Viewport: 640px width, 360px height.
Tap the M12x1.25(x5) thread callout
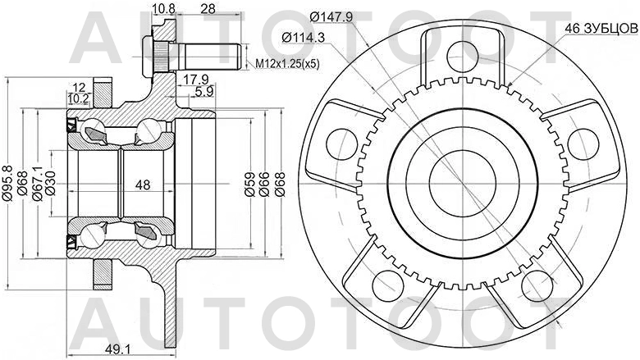point(286,63)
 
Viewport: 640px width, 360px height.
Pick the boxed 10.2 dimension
point(78,98)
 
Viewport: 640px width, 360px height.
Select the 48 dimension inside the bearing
point(142,185)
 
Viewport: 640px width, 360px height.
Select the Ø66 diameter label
point(265,187)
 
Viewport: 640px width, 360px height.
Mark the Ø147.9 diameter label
point(331,16)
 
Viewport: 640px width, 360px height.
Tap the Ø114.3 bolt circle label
point(303,37)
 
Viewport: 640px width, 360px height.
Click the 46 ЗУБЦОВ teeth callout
point(600,28)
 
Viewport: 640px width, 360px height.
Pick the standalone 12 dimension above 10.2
point(78,87)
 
